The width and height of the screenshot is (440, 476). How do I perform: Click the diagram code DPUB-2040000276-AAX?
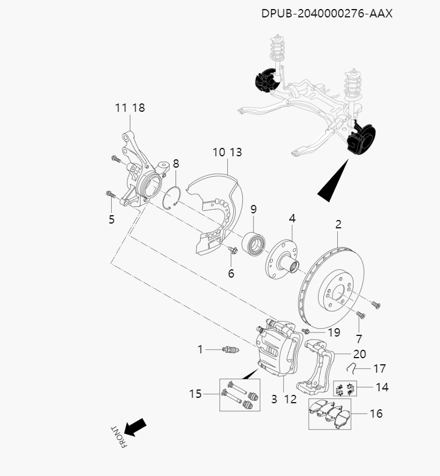coord(326,13)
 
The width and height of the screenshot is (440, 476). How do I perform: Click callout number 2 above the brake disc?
coord(338,225)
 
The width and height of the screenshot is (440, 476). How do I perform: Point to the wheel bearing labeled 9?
coord(254,244)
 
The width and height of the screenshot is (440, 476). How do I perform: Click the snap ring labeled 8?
coord(173,197)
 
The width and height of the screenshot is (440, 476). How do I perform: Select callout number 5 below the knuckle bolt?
coord(111,219)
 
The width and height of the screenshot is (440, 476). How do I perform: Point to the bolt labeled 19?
coord(307,331)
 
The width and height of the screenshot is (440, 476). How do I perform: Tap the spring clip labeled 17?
coord(356,368)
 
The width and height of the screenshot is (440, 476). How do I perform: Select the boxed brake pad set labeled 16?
coord(329,413)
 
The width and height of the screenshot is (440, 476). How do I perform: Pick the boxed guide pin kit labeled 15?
coord(240,394)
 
